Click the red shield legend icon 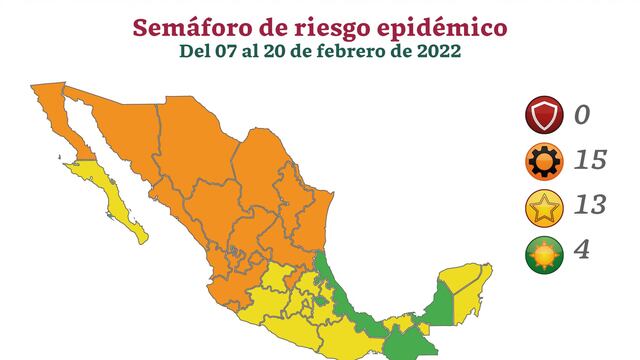[543, 117]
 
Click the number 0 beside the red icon [582, 117]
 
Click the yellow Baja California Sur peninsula [115, 200]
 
